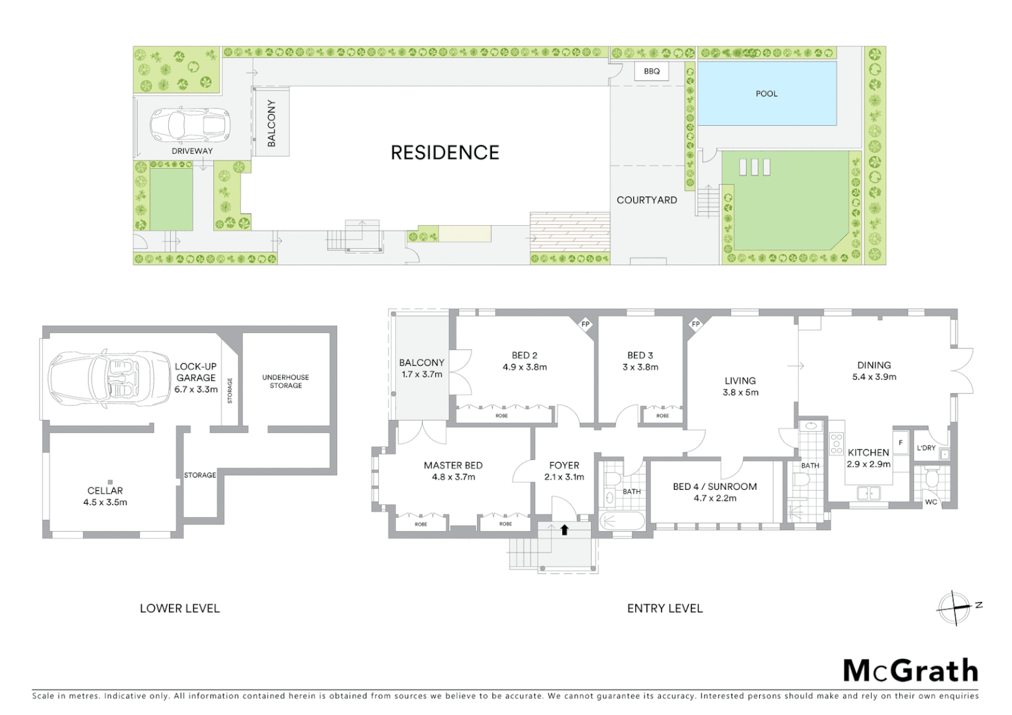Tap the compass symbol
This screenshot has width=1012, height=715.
coord(955,606)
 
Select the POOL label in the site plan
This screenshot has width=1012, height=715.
coord(766,93)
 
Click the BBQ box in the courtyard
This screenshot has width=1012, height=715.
coord(652,71)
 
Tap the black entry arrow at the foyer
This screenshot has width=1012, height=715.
coord(564,530)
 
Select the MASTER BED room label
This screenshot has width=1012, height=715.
coord(453,465)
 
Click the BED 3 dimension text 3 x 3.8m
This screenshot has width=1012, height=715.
coord(640,367)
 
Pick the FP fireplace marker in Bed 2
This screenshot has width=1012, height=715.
coord(585,324)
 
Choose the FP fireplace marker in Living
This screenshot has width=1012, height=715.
coord(695,324)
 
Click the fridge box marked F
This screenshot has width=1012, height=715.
coord(900,444)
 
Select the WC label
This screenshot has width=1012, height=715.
coord(931,502)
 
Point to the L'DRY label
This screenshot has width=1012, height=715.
coord(926,448)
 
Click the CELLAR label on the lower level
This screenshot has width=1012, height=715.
coord(105,491)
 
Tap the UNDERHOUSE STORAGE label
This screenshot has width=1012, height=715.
coord(285,381)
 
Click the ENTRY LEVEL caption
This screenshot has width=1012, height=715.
coord(664,608)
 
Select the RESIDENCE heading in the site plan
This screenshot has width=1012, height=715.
coord(444,153)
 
